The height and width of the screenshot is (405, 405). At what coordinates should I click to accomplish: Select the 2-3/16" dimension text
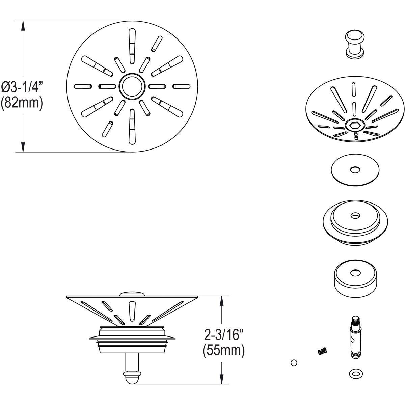(x=224, y=335)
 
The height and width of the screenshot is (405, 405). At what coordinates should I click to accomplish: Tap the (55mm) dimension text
(x=223, y=350)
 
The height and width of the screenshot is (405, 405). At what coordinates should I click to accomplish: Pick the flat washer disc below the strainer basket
(x=354, y=170)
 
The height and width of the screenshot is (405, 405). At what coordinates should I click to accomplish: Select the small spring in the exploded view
(x=323, y=351)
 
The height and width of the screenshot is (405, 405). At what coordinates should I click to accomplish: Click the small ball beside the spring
(x=294, y=362)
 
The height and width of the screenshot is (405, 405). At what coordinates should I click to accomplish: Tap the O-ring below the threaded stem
(x=354, y=373)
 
